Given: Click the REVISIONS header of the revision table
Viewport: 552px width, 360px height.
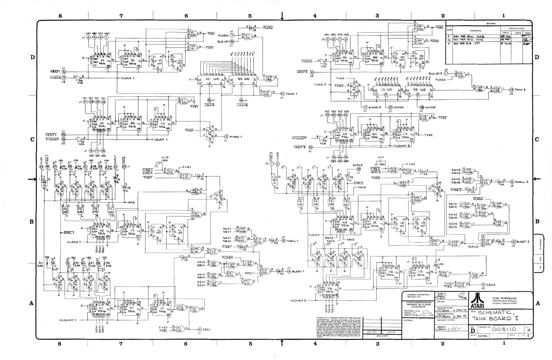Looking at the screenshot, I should coord(491,24).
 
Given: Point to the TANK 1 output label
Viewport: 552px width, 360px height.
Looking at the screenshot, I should coord(291,94).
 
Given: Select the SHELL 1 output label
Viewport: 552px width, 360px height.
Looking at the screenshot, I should coord(292,241).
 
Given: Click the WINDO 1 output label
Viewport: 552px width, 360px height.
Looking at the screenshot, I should coord(236,137).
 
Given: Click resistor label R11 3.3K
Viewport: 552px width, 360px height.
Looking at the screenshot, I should coord(41,265).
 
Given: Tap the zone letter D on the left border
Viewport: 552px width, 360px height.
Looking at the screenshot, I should coord(32,57).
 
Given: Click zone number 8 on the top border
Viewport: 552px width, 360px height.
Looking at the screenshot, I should coord(60,16).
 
